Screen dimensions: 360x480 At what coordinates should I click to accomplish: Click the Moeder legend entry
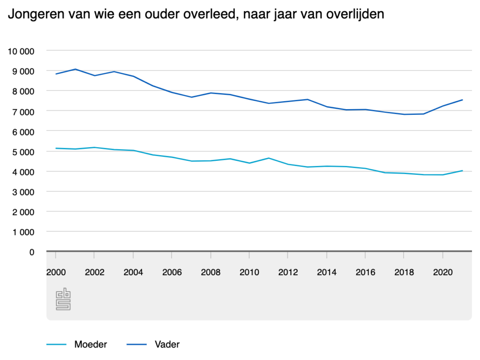click(90, 345)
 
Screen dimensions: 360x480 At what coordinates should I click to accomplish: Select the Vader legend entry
click(167, 345)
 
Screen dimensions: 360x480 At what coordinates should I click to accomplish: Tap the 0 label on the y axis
click(32, 252)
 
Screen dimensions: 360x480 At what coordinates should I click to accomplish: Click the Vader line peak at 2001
click(75, 69)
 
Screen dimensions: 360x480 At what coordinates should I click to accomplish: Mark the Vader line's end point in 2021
click(462, 100)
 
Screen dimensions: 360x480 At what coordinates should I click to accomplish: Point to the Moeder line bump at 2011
click(268, 158)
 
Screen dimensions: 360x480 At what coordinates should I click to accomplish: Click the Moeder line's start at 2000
click(56, 148)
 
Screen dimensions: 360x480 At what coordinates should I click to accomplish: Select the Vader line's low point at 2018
click(404, 114)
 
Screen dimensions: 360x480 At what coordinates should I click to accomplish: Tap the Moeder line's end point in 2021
click(462, 171)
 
